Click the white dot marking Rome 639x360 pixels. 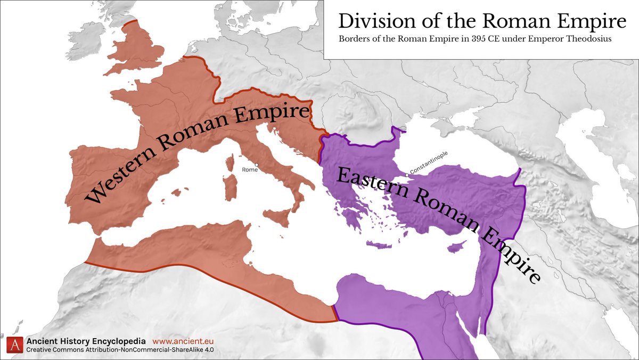[257, 165]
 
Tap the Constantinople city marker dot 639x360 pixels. [407, 175]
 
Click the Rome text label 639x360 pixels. [249, 170]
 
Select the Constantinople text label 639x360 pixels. [429, 162]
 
